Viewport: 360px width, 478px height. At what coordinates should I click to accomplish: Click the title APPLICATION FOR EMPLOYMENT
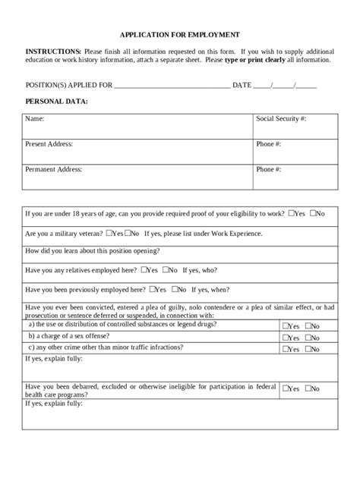point(180,35)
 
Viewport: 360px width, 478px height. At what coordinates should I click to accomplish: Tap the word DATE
point(242,84)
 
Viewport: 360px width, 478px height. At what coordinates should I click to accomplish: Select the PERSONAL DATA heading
point(57,100)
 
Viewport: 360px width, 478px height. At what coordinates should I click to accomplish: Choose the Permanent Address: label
point(54,169)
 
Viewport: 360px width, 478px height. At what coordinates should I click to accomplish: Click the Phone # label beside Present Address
point(269,143)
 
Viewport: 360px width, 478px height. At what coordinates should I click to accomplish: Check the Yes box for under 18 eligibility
point(292,214)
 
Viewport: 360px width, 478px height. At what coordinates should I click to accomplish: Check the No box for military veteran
point(126,233)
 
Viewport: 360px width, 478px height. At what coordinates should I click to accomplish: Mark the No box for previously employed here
point(176,288)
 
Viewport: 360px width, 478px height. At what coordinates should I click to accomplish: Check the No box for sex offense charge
point(308,338)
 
